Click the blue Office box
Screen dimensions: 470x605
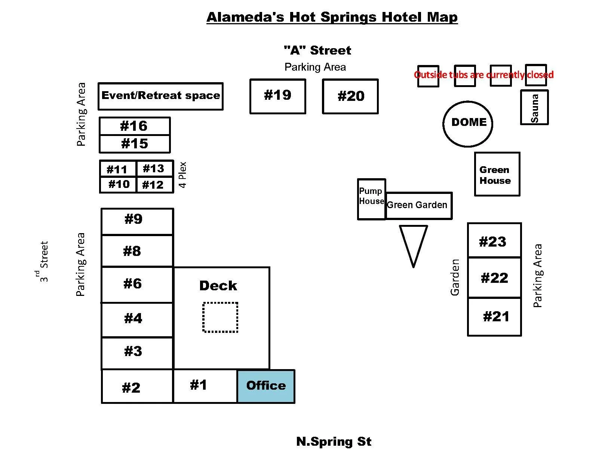(266, 386)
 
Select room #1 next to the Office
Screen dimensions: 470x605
(205, 386)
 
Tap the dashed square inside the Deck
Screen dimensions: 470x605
(220, 317)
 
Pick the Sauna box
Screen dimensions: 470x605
(534, 107)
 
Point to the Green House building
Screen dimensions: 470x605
(497, 174)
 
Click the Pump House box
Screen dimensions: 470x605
(371, 199)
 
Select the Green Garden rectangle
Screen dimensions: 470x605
(418, 205)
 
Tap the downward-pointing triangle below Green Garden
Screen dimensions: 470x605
(413, 243)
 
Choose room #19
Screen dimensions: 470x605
(277, 96)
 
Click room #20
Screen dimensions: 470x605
(350, 96)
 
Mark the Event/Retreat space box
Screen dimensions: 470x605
(160, 96)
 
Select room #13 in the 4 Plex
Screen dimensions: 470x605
(154, 168)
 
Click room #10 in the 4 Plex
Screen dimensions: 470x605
(119, 185)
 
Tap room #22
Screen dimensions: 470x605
(494, 278)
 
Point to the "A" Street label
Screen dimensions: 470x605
(317, 50)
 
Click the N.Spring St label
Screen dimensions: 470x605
(334, 442)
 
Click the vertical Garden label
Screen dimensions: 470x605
(455, 277)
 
